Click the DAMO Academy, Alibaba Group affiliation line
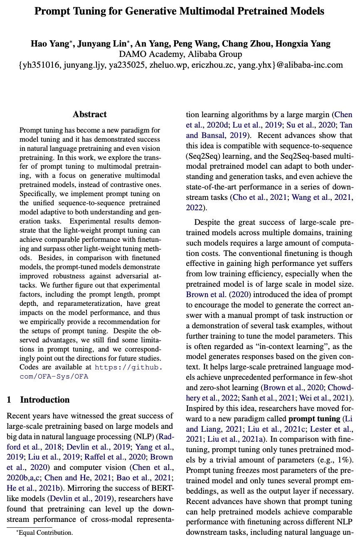pos(180,54)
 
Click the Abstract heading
pos(90,114)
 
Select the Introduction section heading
pos(45,400)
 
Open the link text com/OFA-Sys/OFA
pos(54,376)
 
